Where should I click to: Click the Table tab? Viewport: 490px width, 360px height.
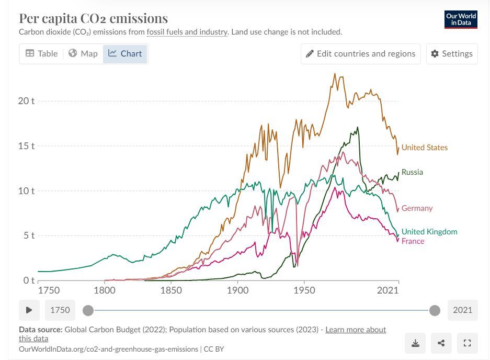[42, 53]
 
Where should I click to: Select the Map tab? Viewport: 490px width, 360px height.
[83, 53]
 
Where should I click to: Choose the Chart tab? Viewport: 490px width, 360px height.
[126, 53]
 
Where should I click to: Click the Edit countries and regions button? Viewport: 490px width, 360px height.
[360, 53]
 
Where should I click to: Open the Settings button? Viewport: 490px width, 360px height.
[452, 53]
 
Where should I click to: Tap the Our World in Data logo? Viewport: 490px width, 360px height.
[461, 19]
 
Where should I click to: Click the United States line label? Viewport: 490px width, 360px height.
[424, 148]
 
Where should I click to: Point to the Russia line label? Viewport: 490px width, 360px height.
[412, 172]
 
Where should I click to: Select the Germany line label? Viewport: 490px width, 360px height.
[417, 208]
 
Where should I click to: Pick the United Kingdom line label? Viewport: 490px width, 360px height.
[429, 232]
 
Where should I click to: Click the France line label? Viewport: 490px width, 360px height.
[413, 241]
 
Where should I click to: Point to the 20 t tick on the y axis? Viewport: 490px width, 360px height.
[26, 101]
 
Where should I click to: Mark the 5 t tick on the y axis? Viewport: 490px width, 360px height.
[26, 235]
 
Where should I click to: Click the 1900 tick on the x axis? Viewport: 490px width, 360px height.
[237, 290]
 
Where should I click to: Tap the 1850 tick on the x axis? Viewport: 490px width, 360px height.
[171, 290]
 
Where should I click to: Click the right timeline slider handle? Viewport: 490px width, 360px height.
[435, 310]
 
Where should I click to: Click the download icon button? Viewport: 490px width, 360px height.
[415, 343]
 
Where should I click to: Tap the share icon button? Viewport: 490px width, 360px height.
[441, 343]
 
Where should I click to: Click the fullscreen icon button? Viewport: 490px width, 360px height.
[468, 343]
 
